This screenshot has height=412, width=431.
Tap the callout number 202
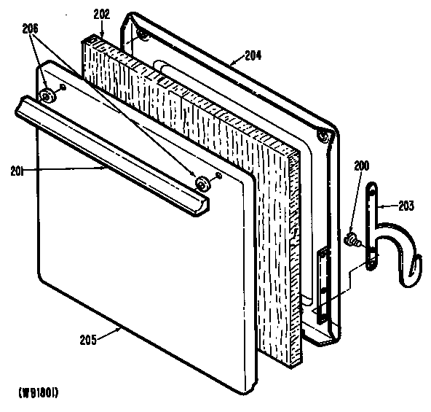[100, 12]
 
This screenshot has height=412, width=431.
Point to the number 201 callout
[18, 171]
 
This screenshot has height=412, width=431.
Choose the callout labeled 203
[405, 206]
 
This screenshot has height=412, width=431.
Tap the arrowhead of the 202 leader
[103, 38]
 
